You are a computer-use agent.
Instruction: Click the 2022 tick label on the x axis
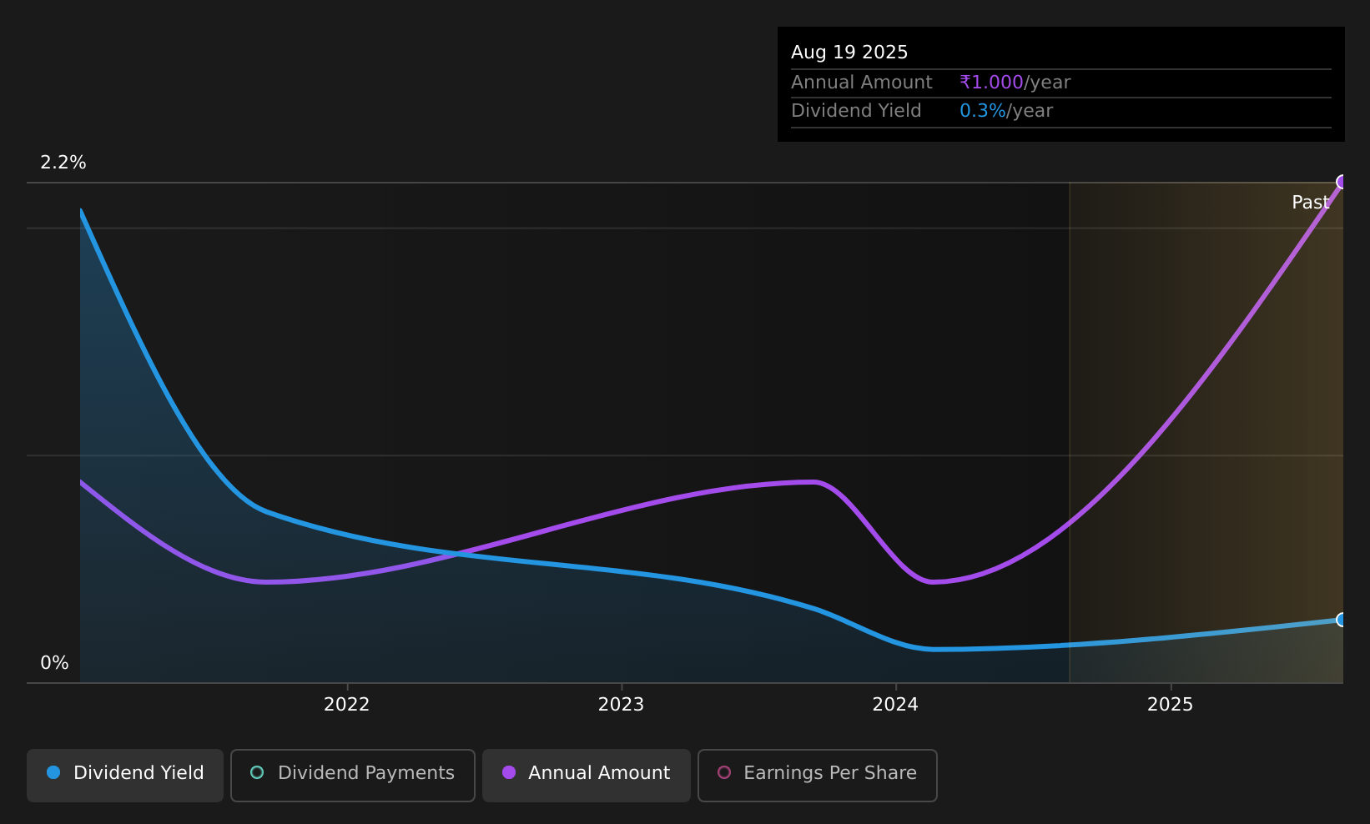tap(346, 705)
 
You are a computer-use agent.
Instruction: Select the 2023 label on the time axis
tap(621, 705)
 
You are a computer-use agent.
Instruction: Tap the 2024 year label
tap(895, 705)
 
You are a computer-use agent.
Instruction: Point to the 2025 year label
tap(1170, 705)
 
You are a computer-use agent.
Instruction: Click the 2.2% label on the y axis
tap(63, 163)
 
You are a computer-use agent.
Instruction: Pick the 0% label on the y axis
tap(54, 663)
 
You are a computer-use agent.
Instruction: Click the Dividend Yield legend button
tap(125, 775)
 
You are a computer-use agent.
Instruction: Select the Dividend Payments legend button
tap(353, 775)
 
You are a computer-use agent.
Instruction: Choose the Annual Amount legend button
tap(587, 775)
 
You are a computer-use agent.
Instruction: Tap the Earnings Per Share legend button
tap(818, 775)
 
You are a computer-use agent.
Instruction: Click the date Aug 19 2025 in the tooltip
tap(849, 53)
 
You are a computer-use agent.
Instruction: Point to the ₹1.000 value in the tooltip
tap(991, 83)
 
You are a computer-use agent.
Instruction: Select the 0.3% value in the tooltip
tap(983, 111)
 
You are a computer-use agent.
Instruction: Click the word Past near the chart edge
tap(1311, 203)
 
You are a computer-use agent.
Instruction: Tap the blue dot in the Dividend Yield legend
tap(53, 772)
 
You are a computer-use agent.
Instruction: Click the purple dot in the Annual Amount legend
tap(509, 772)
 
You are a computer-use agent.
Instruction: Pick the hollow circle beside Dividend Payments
tap(257, 772)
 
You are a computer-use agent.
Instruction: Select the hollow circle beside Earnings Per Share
tap(724, 772)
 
